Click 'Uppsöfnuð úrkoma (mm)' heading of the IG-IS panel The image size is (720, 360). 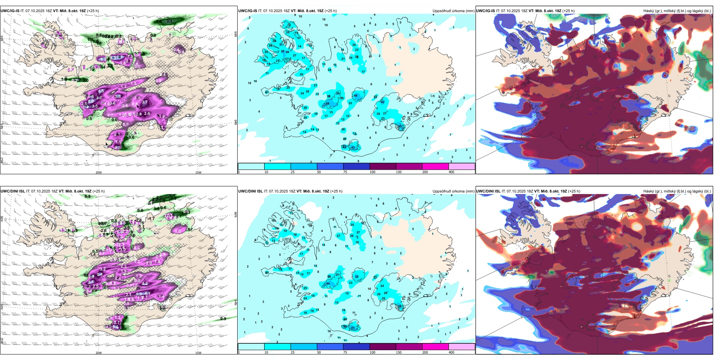[x=453, y=11]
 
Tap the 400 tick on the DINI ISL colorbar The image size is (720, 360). [x=451, y=352]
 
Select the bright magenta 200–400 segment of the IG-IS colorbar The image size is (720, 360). [x=435, y=166]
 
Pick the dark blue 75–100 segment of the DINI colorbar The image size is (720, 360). [x=356, y=347]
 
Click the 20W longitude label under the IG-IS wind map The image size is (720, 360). [x=99, y=172]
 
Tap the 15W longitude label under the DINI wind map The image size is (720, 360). [x=198, y=353]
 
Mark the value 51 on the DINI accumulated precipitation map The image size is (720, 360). [x=353, y=328]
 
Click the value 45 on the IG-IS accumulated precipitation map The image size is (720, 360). [x=400, y=126]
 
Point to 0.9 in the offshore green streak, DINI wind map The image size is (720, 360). [x=223, y=319]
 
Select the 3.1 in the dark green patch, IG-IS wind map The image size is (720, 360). [x=169, y=21]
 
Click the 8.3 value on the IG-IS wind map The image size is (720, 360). [x=118, y=96]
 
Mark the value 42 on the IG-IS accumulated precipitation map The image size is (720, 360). [x=382, y=102]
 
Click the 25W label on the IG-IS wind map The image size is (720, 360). [x=2, y=161]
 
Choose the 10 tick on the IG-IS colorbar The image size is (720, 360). [x=266, y=172]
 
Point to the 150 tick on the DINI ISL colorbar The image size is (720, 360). [x=399, y=352]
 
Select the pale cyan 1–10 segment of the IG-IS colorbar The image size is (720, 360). [x=251, y=166]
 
